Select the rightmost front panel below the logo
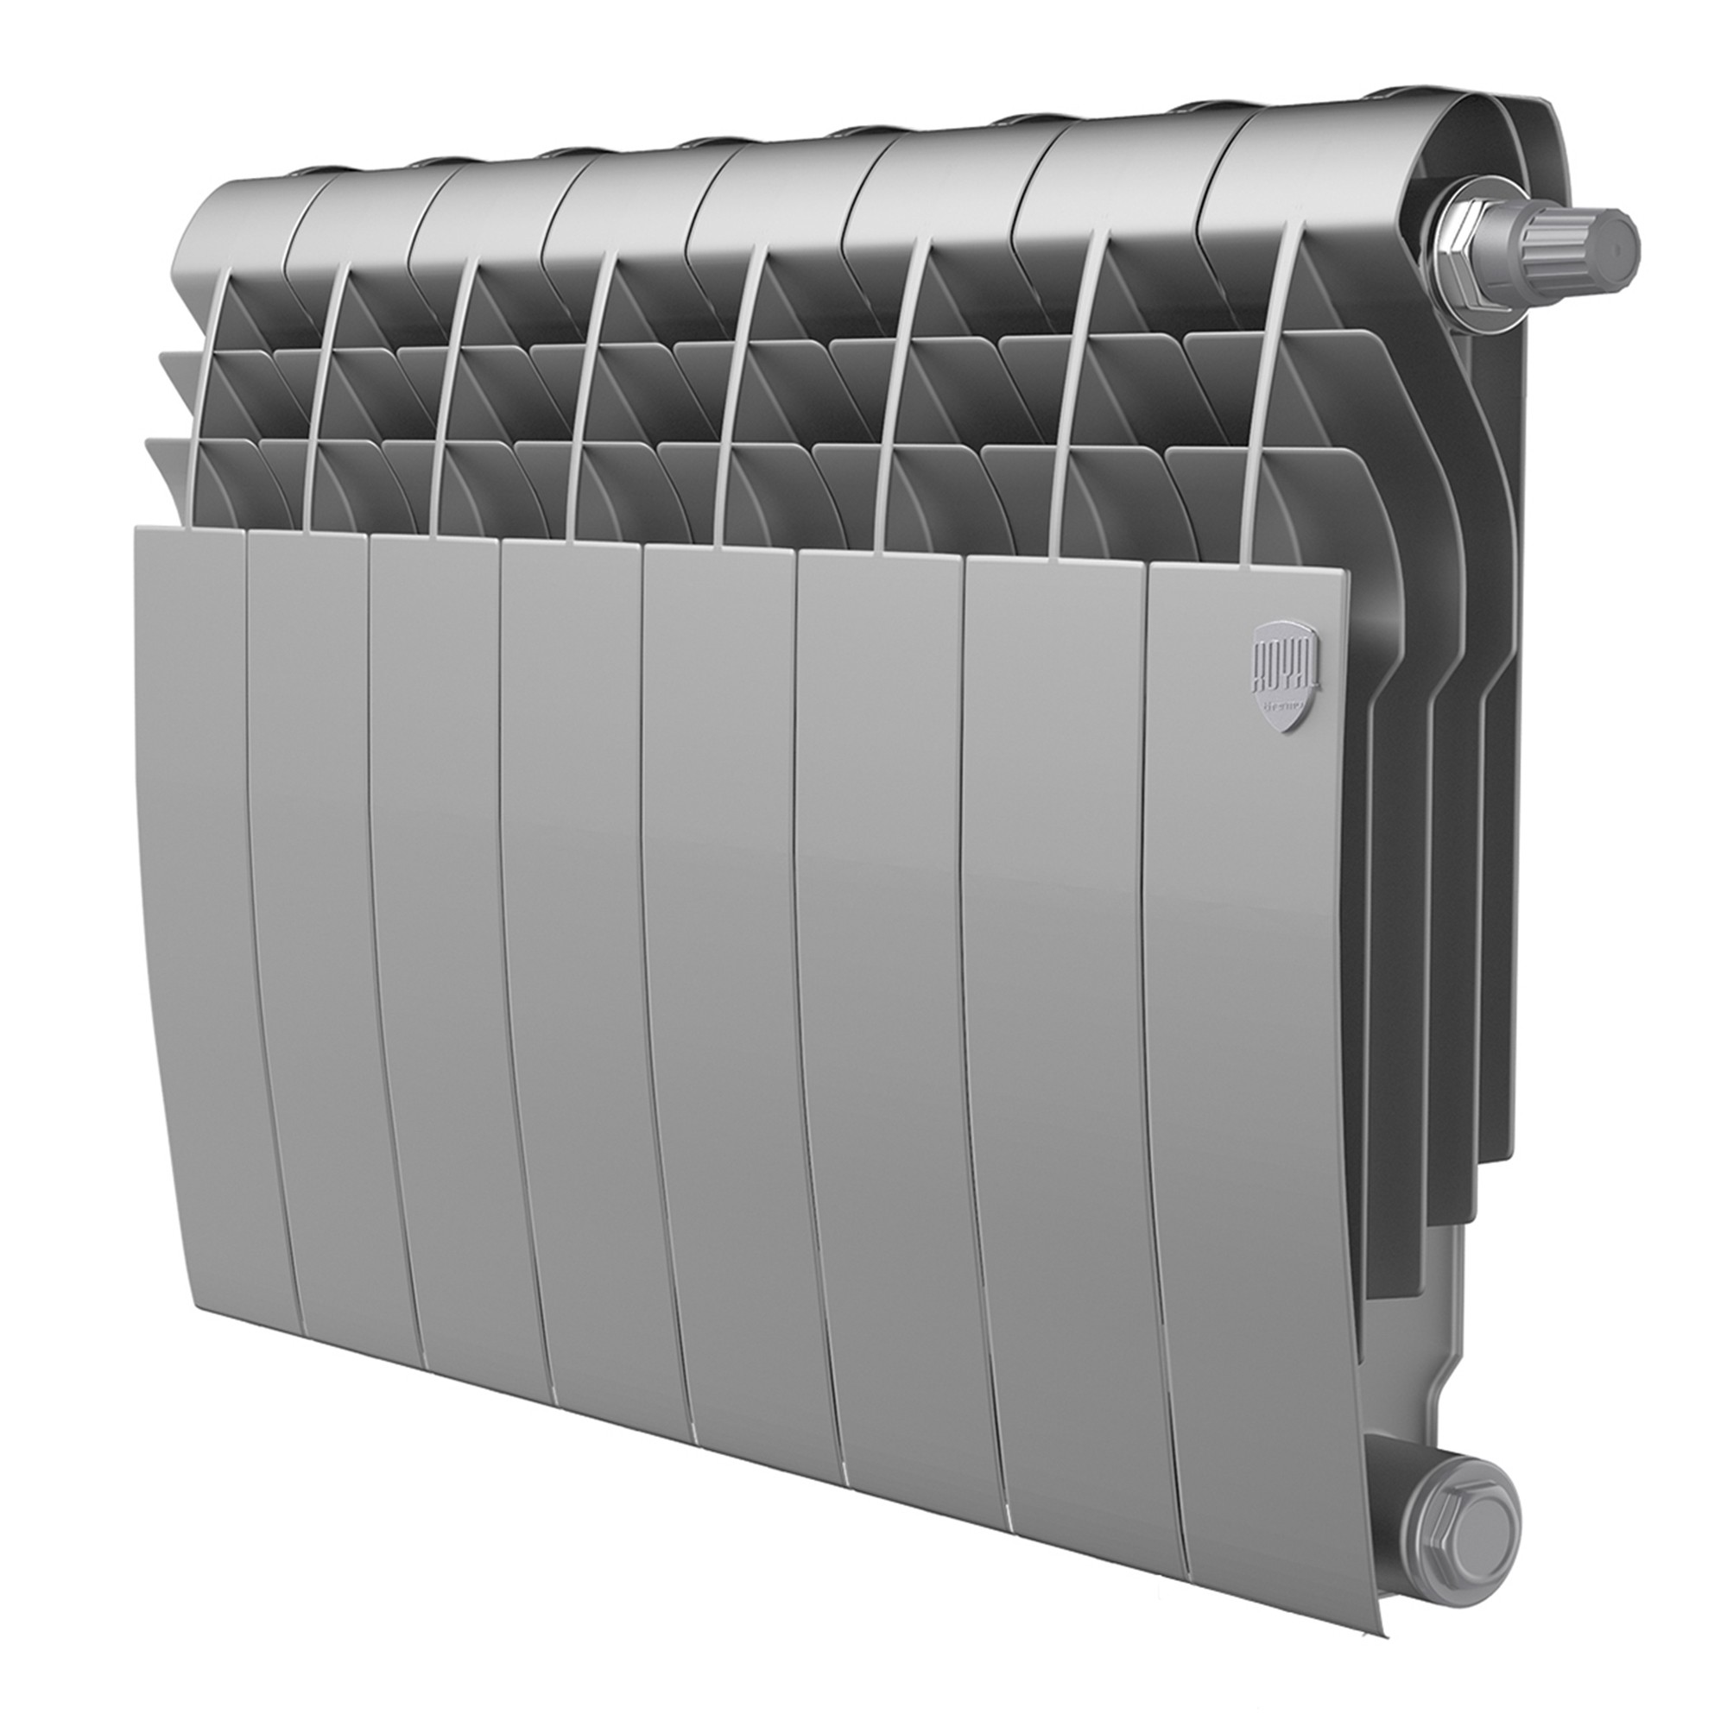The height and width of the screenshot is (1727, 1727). click(x=1251, y=984)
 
